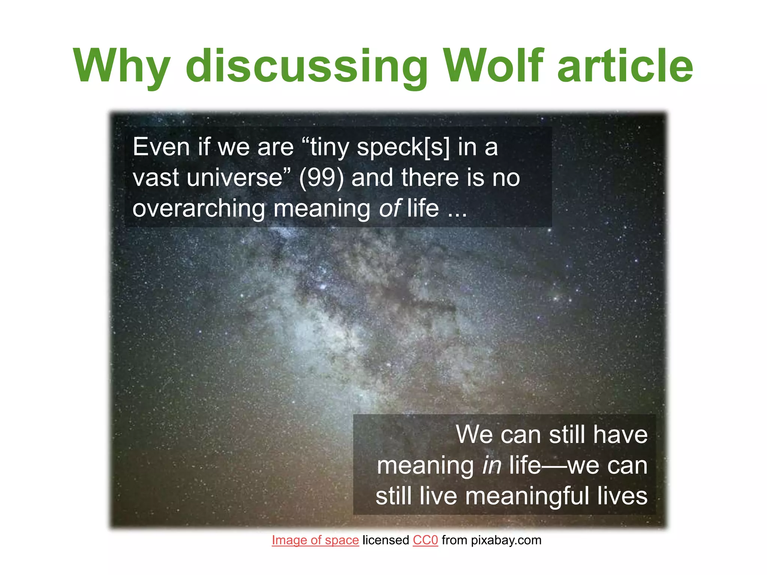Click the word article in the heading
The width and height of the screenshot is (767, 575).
pyautogui.click(x=625, y=66)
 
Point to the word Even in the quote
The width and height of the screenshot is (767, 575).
pyautogui.click(x=161, y=147)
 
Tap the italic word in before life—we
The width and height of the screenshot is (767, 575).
pyautogui.click(x=491, y=465)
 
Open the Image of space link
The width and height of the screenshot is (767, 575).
pyautogui.click(x=315, y=540)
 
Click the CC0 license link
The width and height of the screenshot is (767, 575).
pyautogui.click(x=425, y=540)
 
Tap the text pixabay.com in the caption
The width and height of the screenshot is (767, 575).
pyautogui.click(x=506, y=540)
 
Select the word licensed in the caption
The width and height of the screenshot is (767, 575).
pyautogui.click(x=386, y=540)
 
